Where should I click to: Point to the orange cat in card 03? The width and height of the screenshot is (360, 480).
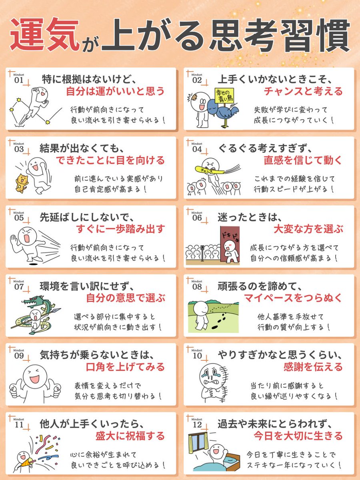pos(19,183)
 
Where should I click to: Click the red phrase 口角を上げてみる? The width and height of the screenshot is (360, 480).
pos(125,367)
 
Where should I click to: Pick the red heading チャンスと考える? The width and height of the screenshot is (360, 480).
pos(303,91)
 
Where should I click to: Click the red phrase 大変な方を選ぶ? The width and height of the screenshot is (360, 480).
pos(308,229)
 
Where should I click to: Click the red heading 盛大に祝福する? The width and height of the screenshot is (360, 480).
pos(130,436)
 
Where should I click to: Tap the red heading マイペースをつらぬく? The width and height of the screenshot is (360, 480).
pos(294,298)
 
